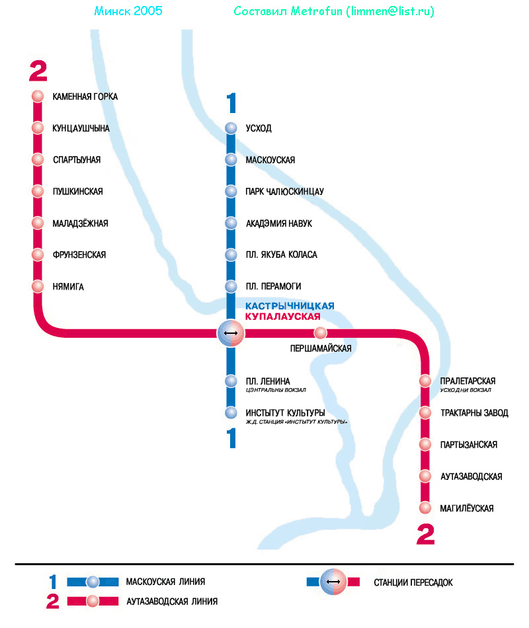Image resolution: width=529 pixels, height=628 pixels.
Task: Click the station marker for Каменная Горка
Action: (38, 97)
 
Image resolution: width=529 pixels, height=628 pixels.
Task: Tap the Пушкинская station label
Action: (77, 192)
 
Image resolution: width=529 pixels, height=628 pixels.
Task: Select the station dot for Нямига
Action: (38, 287)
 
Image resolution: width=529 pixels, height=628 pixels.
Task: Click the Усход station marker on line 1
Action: (231, 128)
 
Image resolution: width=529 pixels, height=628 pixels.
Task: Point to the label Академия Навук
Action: (278, 223)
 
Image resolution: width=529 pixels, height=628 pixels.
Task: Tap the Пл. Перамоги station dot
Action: (231, 287)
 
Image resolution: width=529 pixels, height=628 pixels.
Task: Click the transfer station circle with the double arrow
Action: (231, 333)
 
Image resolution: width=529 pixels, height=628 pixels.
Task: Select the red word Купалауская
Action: (287, 317)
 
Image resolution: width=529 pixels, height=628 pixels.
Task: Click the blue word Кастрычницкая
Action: (290, 306)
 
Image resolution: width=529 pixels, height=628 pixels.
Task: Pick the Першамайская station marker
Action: (321, 333)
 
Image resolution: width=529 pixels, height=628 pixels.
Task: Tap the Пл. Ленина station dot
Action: (231, 381)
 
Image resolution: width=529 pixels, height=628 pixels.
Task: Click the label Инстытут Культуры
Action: (285, 413)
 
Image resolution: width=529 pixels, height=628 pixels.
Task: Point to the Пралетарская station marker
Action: (425, 381)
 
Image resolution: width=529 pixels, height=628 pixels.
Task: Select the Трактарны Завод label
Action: (474, 413)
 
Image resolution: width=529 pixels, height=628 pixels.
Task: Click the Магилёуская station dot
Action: (425, 508)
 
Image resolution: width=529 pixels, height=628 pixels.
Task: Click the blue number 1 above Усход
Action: (231, 104)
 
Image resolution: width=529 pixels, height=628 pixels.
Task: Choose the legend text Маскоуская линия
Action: (165, 582)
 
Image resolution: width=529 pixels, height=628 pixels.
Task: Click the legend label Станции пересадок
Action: (413, 582)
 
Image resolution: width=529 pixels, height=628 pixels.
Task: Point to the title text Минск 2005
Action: (128, 11)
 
